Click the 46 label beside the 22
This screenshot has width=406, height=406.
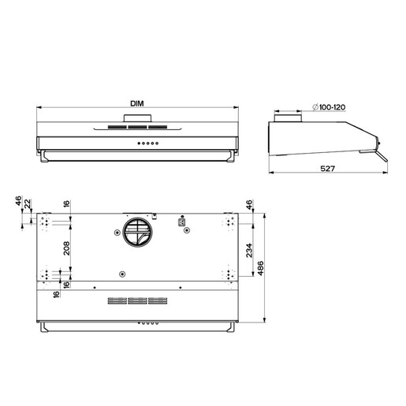tap(18, 205)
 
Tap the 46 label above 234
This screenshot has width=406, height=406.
tap(249, 204)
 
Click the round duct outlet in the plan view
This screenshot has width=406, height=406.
tap(138, 233)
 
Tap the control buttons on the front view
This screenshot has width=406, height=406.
tap(147, 143)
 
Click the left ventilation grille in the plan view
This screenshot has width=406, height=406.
tap(117, 300)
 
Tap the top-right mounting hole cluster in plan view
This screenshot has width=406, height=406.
tap(229, 222)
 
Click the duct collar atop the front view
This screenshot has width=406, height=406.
tap(138, 121)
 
